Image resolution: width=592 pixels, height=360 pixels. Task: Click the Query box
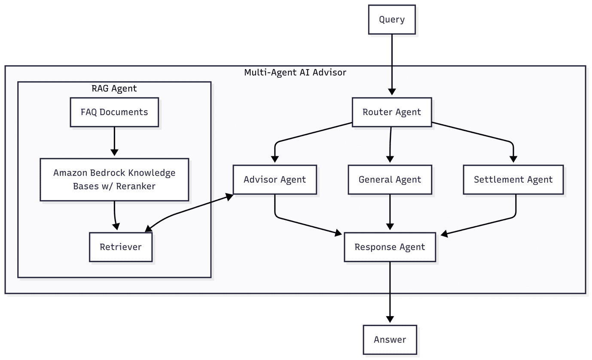click(392, 19)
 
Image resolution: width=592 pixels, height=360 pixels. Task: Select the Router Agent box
click(392, 112)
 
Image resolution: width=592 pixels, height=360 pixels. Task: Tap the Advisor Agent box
click(275, 180)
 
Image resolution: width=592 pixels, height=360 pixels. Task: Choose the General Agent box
click(390, 180)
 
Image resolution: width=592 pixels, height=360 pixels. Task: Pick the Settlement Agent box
click(513, 180)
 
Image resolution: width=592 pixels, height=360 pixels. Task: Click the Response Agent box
click(390, 247)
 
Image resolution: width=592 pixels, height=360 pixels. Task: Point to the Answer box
click(390, 339)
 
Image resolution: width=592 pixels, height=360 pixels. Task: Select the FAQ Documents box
click(114, 112)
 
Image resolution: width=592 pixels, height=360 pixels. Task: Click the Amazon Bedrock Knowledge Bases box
click(114, 179)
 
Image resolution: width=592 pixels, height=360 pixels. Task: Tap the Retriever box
click(121, 247)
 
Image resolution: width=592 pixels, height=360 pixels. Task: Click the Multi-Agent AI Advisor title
click(295, 72)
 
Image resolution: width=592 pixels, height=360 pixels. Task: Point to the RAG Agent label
click(114, 88)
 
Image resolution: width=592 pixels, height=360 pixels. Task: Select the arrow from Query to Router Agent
click(392, 64)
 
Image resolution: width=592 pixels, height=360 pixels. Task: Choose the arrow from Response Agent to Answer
click(390, 292)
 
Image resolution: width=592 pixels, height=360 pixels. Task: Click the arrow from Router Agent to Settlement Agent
click(473, 133)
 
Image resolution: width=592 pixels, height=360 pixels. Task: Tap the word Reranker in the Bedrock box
click(135, 186)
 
